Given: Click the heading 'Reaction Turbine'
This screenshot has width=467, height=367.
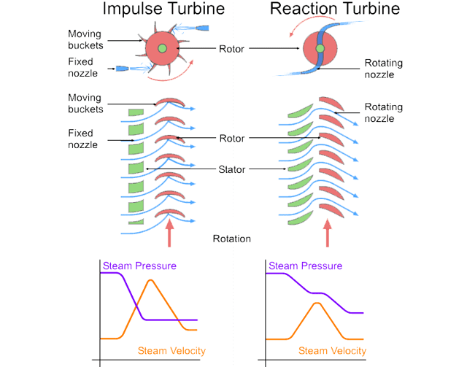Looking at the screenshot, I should pos(334,9).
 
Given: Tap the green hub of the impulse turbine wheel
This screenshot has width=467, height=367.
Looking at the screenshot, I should pos(162,49).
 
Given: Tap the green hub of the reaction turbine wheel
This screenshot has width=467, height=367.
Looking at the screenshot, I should pos(320,49).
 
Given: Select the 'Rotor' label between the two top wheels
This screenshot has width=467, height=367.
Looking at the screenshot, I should pos(233,49).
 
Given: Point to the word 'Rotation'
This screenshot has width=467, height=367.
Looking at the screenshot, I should pos(232,239).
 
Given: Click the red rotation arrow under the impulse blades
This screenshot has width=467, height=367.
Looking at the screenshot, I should pos(169,234).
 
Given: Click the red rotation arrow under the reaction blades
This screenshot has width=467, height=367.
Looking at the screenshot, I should pos(327,234).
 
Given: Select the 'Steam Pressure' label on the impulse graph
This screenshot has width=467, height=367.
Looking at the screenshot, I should pos(140,266).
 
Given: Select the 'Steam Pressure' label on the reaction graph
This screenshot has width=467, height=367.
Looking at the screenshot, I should pos(305,266).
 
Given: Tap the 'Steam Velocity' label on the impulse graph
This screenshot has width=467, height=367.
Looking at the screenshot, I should pos(171,351).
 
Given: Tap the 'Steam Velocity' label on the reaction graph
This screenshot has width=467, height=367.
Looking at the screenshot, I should pos(333,351).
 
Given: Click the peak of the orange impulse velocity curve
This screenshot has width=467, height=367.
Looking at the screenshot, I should pos(150,280).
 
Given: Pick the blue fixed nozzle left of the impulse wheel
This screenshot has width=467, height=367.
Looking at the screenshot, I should pos(122,69).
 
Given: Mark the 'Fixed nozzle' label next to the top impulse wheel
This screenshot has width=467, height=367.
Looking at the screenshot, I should pos(84,69).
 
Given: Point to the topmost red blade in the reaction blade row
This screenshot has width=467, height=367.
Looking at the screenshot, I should pos(328,103).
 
